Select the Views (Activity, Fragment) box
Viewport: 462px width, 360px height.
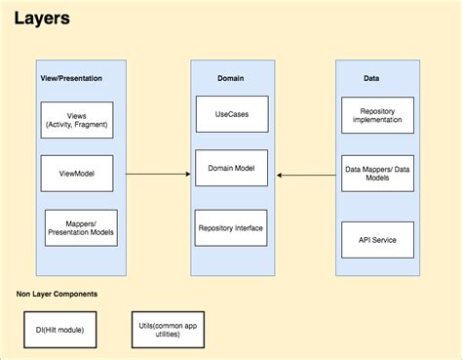pyautogui.click(x=77, y=120)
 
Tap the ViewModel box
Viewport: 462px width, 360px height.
pyautogui.click(x=77, y=174)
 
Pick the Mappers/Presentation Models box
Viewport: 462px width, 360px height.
pyautogui.click(x=81, y=227)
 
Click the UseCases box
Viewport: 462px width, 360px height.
pyautogui.click(x=231, y=114)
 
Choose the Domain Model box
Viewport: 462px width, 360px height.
pyautogui.click(x=231, y=169)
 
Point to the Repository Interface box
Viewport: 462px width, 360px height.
pyautogui.click(x=231, y=227)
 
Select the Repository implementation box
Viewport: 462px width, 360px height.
pyautogui.click(x=377, y=120)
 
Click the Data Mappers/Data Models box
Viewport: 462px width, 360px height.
pyautogui.click(x=377, y=174)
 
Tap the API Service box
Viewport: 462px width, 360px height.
pyautogui.click(x=377, y=239)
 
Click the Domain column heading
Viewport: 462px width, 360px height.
pyautogui.click(x=231, y=77)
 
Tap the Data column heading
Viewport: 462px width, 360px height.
pyautogui.click(x=371, y=77)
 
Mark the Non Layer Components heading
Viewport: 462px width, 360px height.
pyautogui.click(x=57, y=293)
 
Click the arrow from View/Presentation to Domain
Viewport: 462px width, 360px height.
pyautogui.click(x=156, y=174)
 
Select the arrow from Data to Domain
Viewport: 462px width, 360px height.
pyautogui.click(x=306, y=174)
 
